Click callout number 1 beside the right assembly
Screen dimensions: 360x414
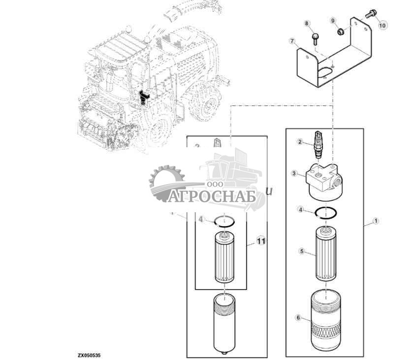376,221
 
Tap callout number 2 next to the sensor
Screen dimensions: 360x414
299,142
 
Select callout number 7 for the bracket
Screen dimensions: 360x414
292,41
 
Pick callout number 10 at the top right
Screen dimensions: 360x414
382,24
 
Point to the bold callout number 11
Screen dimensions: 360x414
261,241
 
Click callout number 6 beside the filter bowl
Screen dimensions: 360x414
298,318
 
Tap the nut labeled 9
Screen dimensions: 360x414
339,32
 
